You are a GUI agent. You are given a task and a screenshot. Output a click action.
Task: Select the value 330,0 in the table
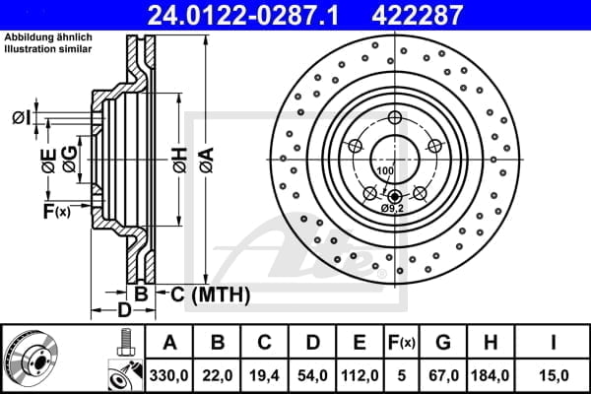point(170,375)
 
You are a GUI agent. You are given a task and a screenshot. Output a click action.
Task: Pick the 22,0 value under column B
point(218,375)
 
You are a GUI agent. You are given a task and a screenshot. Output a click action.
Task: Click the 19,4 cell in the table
point(265,375)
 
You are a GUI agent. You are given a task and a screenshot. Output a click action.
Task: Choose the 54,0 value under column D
point(312,375)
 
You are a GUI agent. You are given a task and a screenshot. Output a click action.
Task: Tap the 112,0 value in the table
point(360,375)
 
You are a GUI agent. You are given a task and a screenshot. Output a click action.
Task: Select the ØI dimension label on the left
point(21,118)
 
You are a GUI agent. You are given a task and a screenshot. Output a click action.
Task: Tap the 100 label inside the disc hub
point(384,171)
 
